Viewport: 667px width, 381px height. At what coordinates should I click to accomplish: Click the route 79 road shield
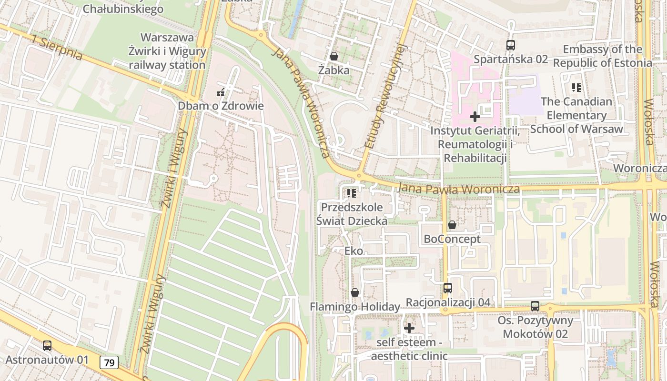(109, 362)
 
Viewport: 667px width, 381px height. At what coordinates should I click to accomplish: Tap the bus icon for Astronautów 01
(47, 346)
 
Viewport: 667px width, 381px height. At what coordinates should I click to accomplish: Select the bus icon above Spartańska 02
(510, 45)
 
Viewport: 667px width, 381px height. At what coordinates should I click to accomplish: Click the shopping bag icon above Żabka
(334, 56)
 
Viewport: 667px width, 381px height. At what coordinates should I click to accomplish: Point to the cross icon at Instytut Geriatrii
(475, 116)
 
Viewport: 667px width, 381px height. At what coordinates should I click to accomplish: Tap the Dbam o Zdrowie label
(221, 106)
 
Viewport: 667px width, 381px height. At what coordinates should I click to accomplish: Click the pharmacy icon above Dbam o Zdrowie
(221, 92)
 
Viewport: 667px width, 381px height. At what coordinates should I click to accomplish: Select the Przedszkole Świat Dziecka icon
(352, 193)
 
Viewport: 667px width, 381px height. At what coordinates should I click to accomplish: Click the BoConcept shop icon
(452, 225)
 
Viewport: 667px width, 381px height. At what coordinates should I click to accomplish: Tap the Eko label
(354, 251)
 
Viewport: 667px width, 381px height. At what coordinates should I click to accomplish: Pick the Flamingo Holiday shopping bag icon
(354, 292)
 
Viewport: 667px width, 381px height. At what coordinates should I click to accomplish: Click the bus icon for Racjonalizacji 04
(447, 288)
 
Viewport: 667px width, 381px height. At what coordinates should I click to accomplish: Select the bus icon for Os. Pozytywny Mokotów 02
(535, 306)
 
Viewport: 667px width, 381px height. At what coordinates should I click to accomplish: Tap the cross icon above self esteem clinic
(409, 328)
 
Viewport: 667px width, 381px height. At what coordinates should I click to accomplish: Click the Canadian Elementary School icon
(576, 88)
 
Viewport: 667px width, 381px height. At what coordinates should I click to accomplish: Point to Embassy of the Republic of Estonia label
(602, 56)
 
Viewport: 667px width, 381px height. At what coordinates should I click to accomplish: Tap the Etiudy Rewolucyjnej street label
(385, 95)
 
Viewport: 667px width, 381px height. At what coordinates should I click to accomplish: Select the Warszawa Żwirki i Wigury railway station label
(167, 51)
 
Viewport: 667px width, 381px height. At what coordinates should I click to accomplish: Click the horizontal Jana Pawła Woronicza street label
(458, 189)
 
